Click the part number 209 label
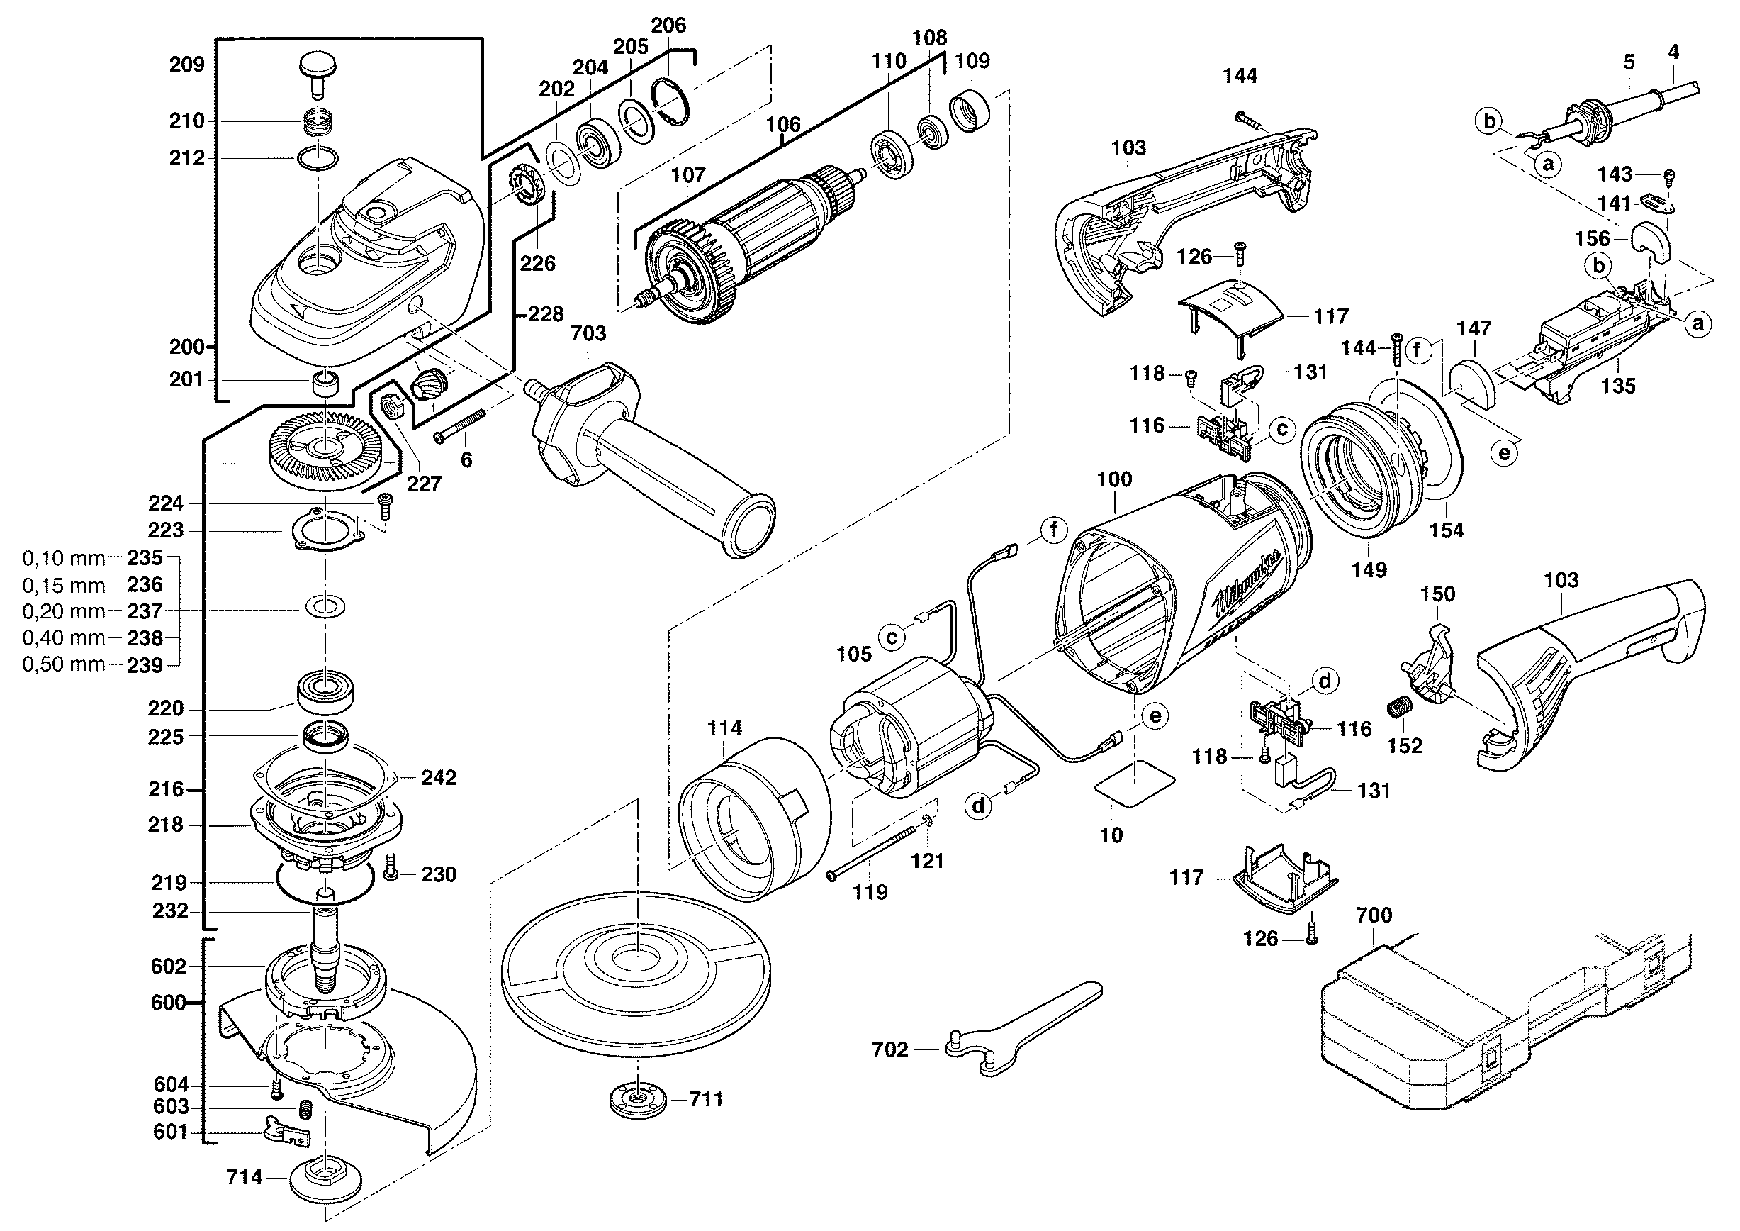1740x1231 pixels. [x=186, y=65]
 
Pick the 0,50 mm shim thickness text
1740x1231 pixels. [x=64, y=664]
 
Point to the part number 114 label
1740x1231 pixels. [x=724, y=728]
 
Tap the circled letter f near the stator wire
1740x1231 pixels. [x=1053, y=530]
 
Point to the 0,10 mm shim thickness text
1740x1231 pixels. [x=64, y=559]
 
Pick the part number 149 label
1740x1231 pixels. [x=1369, y=569]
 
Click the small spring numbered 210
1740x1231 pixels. [x=318, y=121]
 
